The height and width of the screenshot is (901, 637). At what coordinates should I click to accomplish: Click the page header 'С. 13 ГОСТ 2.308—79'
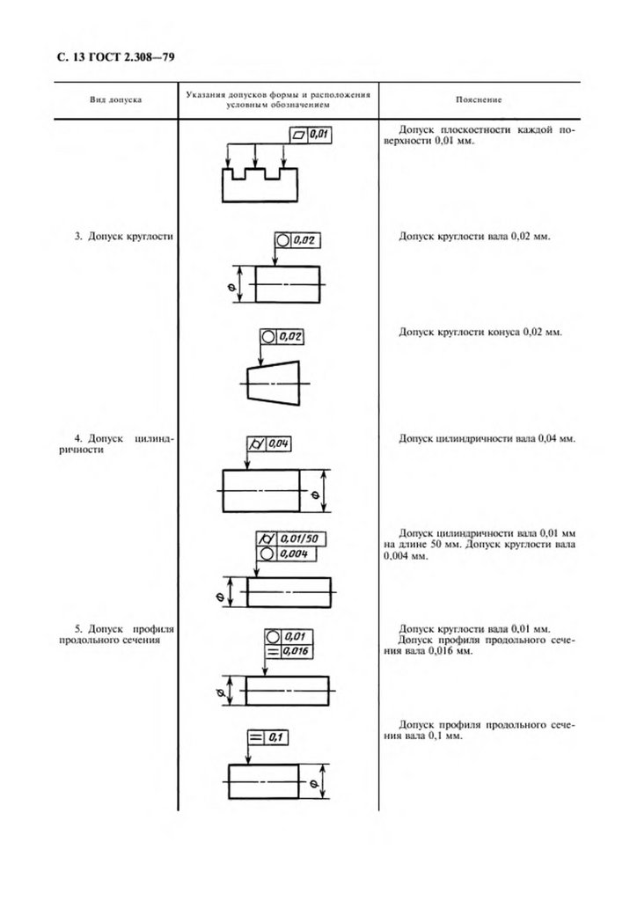click(115, 57)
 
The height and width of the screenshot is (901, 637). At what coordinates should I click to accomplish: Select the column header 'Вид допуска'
click(115, 99)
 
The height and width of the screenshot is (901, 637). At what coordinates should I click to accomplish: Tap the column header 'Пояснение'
click(479, 99)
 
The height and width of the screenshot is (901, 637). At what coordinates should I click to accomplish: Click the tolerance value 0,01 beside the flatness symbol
click(318, 135)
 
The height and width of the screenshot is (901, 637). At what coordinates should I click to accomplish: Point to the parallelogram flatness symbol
click(299, 135)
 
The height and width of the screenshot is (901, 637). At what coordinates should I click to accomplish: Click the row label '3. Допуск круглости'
click(123, 236)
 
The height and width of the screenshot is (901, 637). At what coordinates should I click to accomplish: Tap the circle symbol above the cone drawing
click(267, 337)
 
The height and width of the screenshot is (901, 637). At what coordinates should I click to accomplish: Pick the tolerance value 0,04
click(279, 443)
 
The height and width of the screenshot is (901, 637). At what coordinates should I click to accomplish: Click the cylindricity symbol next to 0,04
click(256, 443)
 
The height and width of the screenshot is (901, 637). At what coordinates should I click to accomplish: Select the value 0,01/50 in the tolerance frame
click(298, 539)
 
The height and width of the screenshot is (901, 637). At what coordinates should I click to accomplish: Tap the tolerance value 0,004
click(295, 554)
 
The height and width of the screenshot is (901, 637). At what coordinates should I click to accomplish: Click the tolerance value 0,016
click(296, 651)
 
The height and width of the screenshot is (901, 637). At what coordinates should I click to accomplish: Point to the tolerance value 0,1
click(275, 737)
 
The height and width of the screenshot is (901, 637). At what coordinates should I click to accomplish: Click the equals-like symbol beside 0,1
click(256, 737)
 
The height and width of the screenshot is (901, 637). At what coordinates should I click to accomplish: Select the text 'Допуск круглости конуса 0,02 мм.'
click(480, 332)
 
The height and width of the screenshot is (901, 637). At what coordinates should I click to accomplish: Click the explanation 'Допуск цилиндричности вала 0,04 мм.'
click(487, 438)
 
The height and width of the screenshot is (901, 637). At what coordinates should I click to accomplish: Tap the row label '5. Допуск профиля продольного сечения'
click(116, 634)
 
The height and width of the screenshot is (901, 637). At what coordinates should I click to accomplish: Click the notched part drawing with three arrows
click(260, 185)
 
